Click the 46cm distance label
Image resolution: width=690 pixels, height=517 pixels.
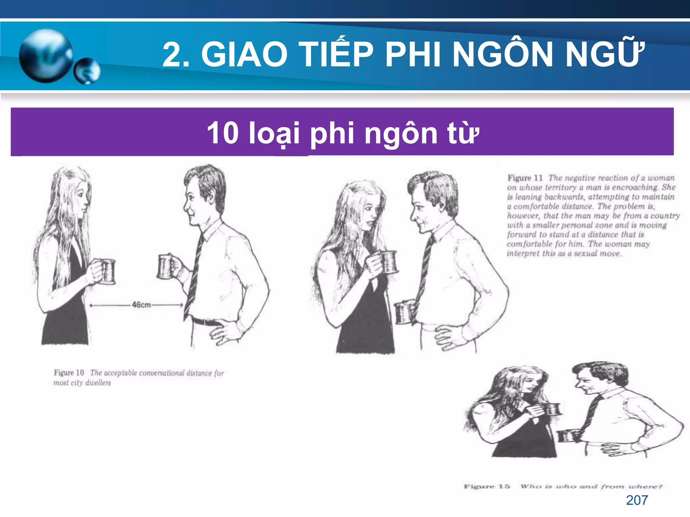pos(141,305)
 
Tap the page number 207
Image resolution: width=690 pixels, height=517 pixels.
pos(637,500)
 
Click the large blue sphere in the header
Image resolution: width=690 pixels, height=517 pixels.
pos(45,56)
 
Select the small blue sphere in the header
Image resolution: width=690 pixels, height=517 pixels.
pos(87,71)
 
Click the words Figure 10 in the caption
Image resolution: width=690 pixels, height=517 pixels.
pos(69,373)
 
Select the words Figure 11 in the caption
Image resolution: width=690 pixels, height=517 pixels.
pos(525,178)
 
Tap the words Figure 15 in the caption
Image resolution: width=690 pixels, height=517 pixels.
pos(487,486)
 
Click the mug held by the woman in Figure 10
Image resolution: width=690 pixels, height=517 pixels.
pos(107,271)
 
